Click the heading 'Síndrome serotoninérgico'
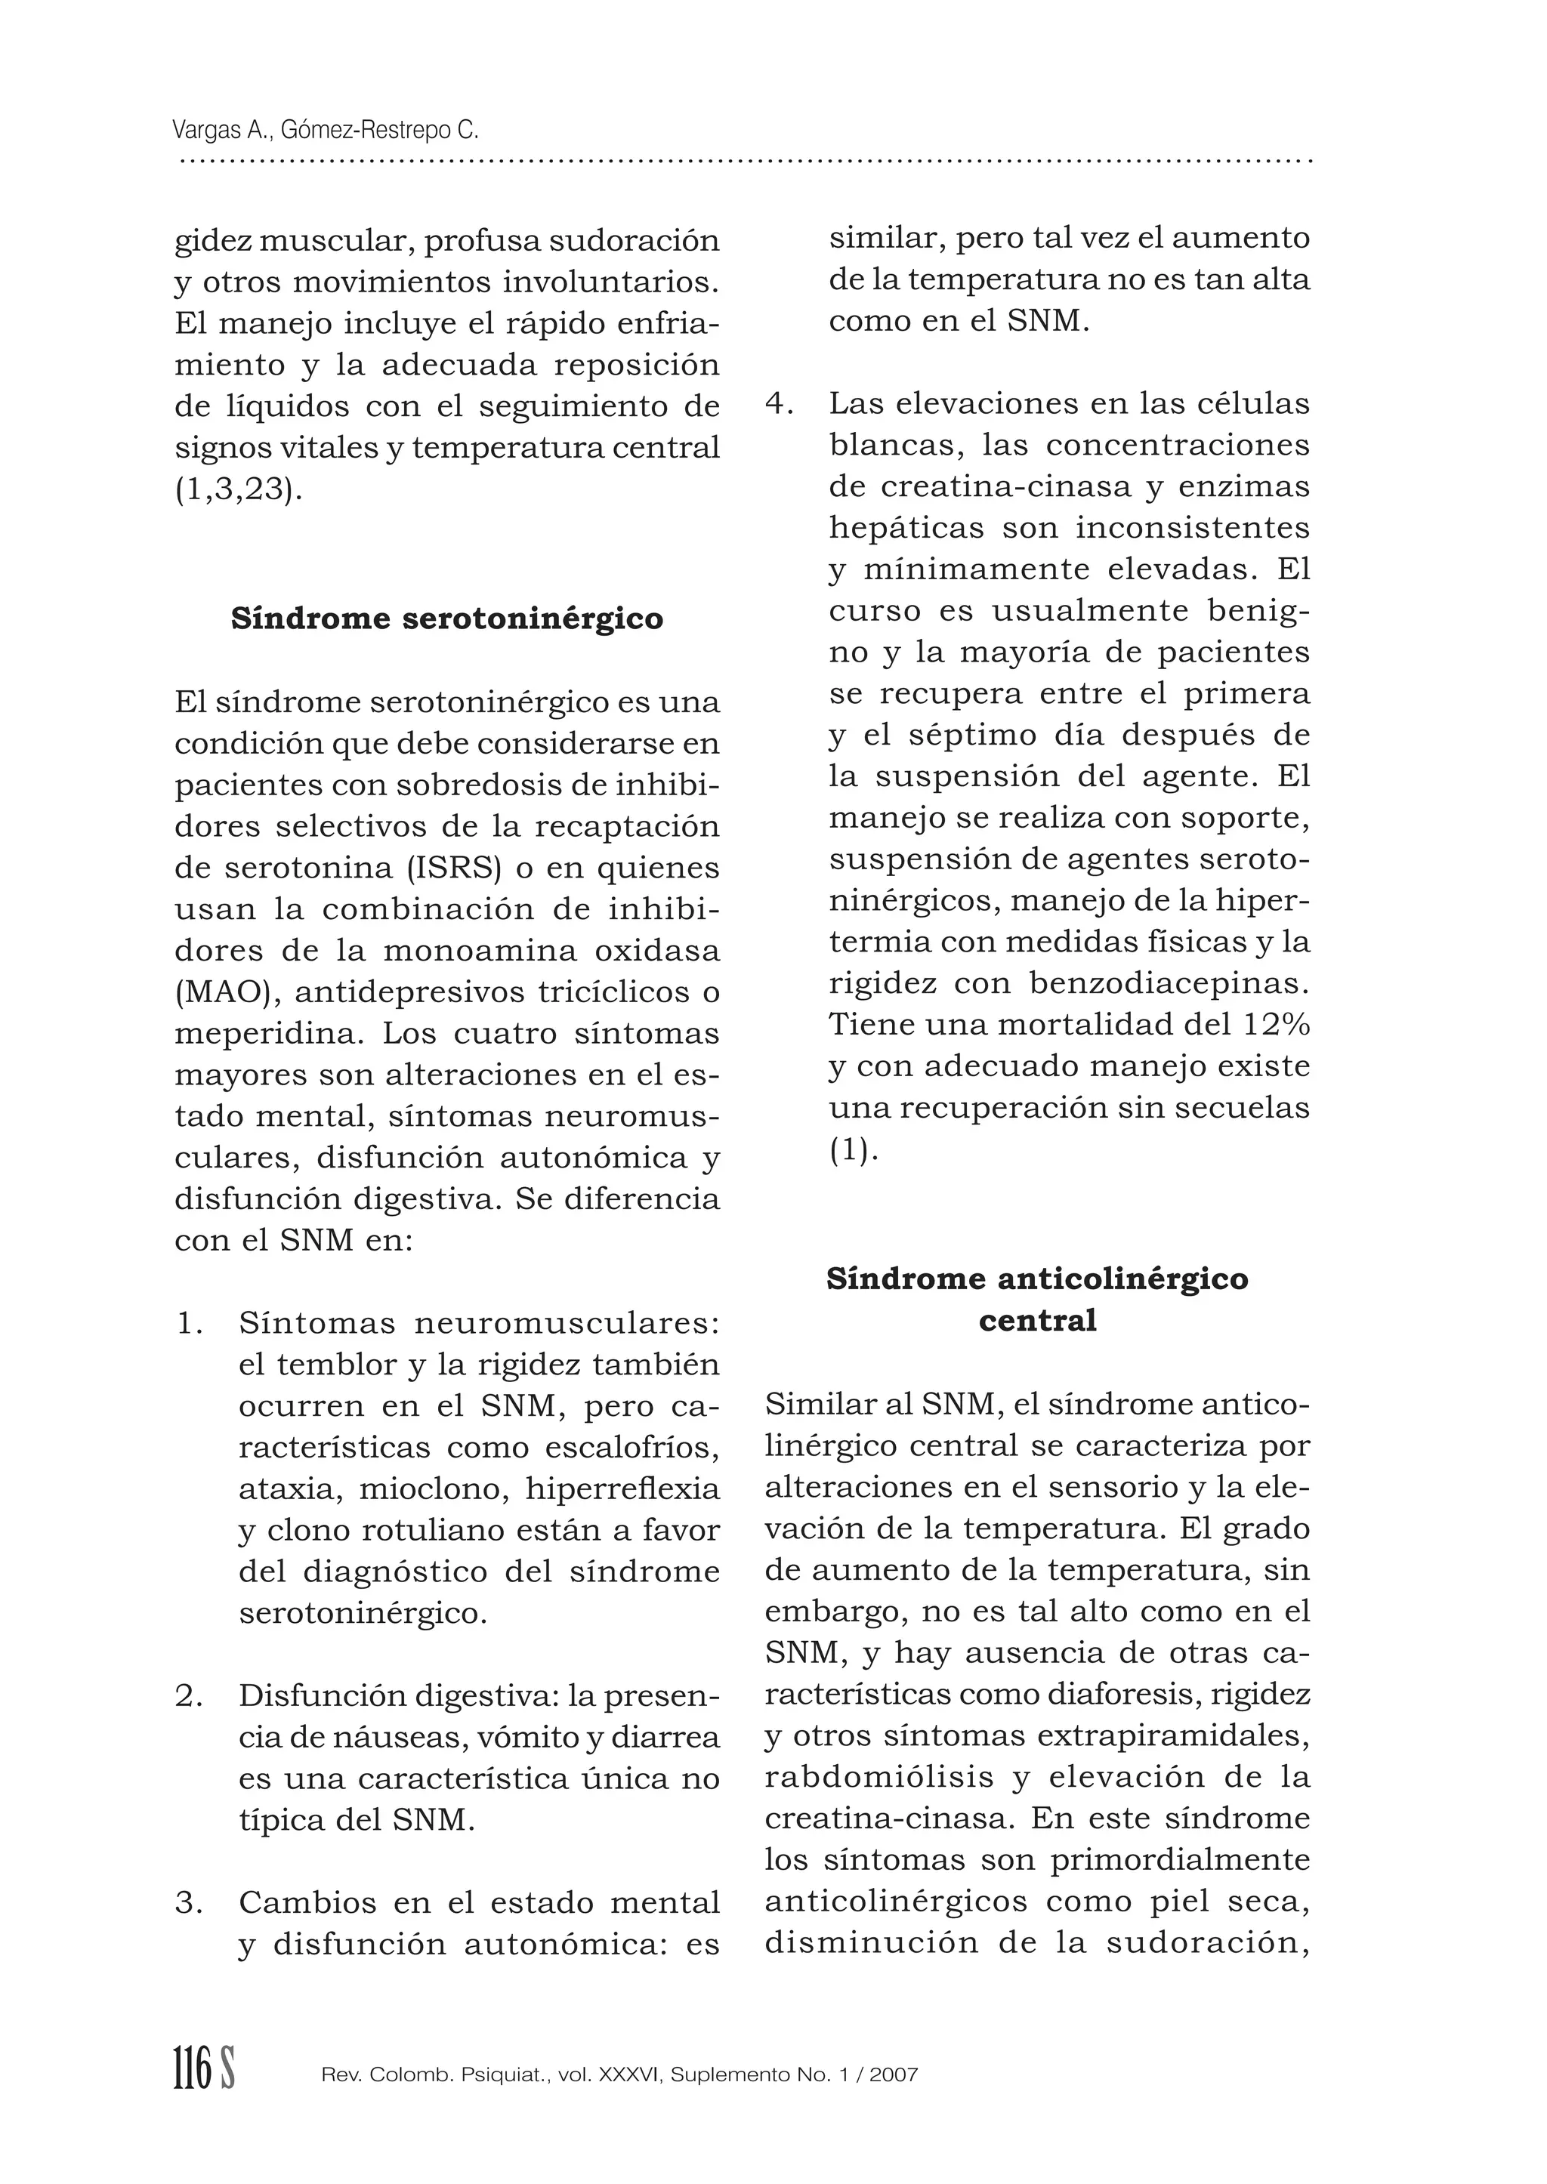[x=446, y=619]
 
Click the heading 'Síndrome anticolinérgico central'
[x=1036, y=1299]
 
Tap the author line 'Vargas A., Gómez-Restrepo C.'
[x=326, y=131]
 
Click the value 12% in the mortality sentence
[x=1276, y=1025]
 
